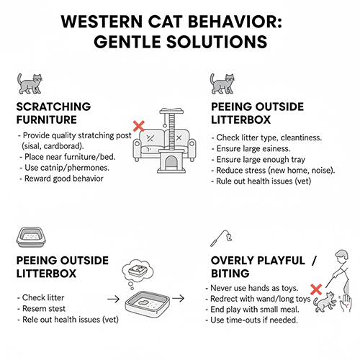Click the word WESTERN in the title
tap(102, 22)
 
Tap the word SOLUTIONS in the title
tap(217, 42)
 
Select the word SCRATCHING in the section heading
tap(53, 107)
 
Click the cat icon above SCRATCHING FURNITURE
tap(30, 84)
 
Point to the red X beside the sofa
tap(139, 126)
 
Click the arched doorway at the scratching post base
tap(171, 161)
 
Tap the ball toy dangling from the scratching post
tap(165, 125)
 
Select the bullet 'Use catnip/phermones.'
tap(65, 168)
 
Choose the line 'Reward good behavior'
tap(61, 179)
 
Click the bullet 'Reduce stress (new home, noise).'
tap(273, 171)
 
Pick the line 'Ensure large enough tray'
tap(258, 160)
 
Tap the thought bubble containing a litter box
tap(138, 271)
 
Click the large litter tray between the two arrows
tap(148, 305)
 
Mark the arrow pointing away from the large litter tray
tap(179, 298)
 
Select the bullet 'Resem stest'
tap(41, 309)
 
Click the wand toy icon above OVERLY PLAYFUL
tap(221, 238)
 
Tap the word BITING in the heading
tap(230, 274)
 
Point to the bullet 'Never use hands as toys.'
tap(252, 288)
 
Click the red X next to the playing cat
tap(316, 289)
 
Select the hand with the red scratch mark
tap(346, 303)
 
